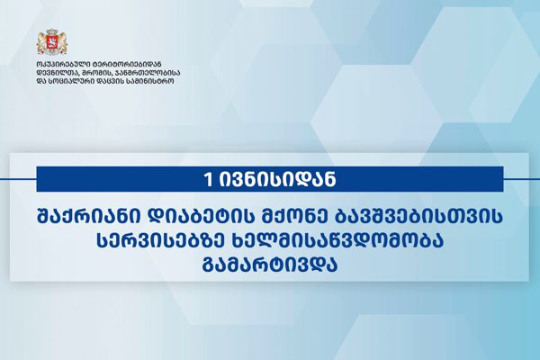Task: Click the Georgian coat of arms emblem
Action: click(51, 42)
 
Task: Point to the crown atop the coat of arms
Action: click(51, 33)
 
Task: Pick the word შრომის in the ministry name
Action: click(97, 73)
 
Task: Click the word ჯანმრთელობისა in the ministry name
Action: click(148, 73)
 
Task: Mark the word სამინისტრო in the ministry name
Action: click(152, 82)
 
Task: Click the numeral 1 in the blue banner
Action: click(209, 180)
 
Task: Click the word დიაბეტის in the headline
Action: click(193, 218)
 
